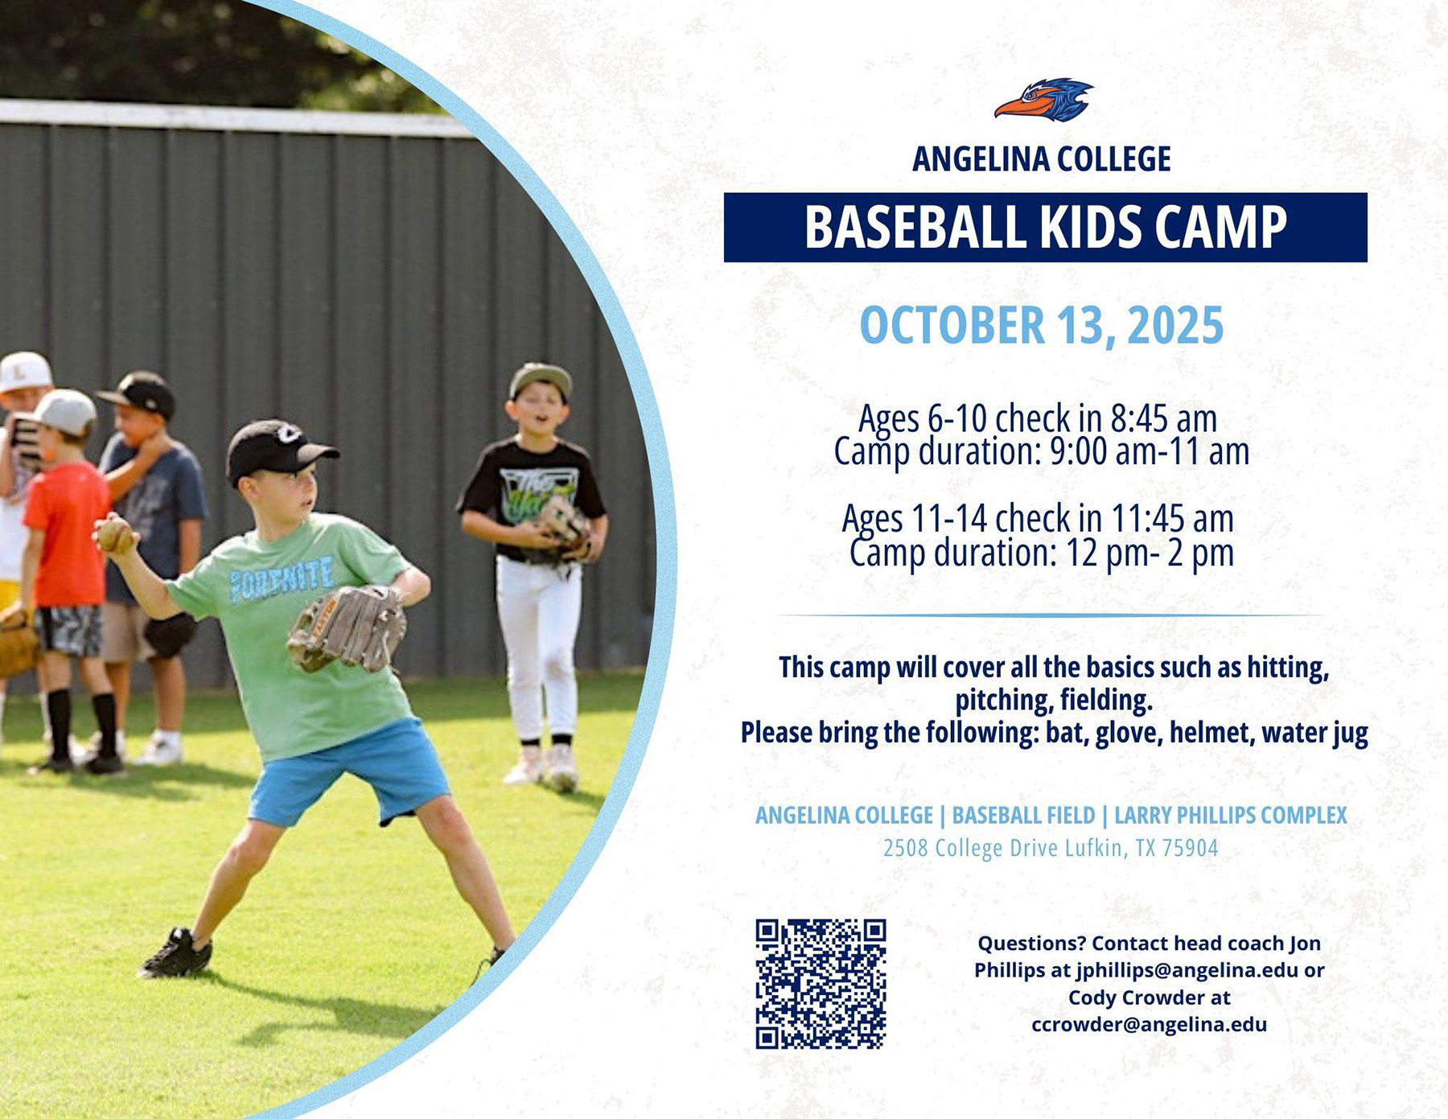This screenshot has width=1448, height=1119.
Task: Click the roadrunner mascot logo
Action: click(1043, 100)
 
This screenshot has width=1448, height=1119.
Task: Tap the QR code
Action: click(821, 984)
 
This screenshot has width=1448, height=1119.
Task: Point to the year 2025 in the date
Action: click(1175, 325)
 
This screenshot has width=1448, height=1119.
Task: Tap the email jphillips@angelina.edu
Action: click(1187, 970)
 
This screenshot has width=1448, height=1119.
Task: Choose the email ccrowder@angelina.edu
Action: click(1149, 1025)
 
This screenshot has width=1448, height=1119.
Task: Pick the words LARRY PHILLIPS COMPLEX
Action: click(1230, 815)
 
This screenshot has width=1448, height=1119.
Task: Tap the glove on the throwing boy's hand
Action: click(347, 628)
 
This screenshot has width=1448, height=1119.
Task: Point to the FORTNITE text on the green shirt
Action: click(282, 578)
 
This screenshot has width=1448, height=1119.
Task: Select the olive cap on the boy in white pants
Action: click(540, 380)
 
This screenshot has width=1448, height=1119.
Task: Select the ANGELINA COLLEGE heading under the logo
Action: click(1042, 159)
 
